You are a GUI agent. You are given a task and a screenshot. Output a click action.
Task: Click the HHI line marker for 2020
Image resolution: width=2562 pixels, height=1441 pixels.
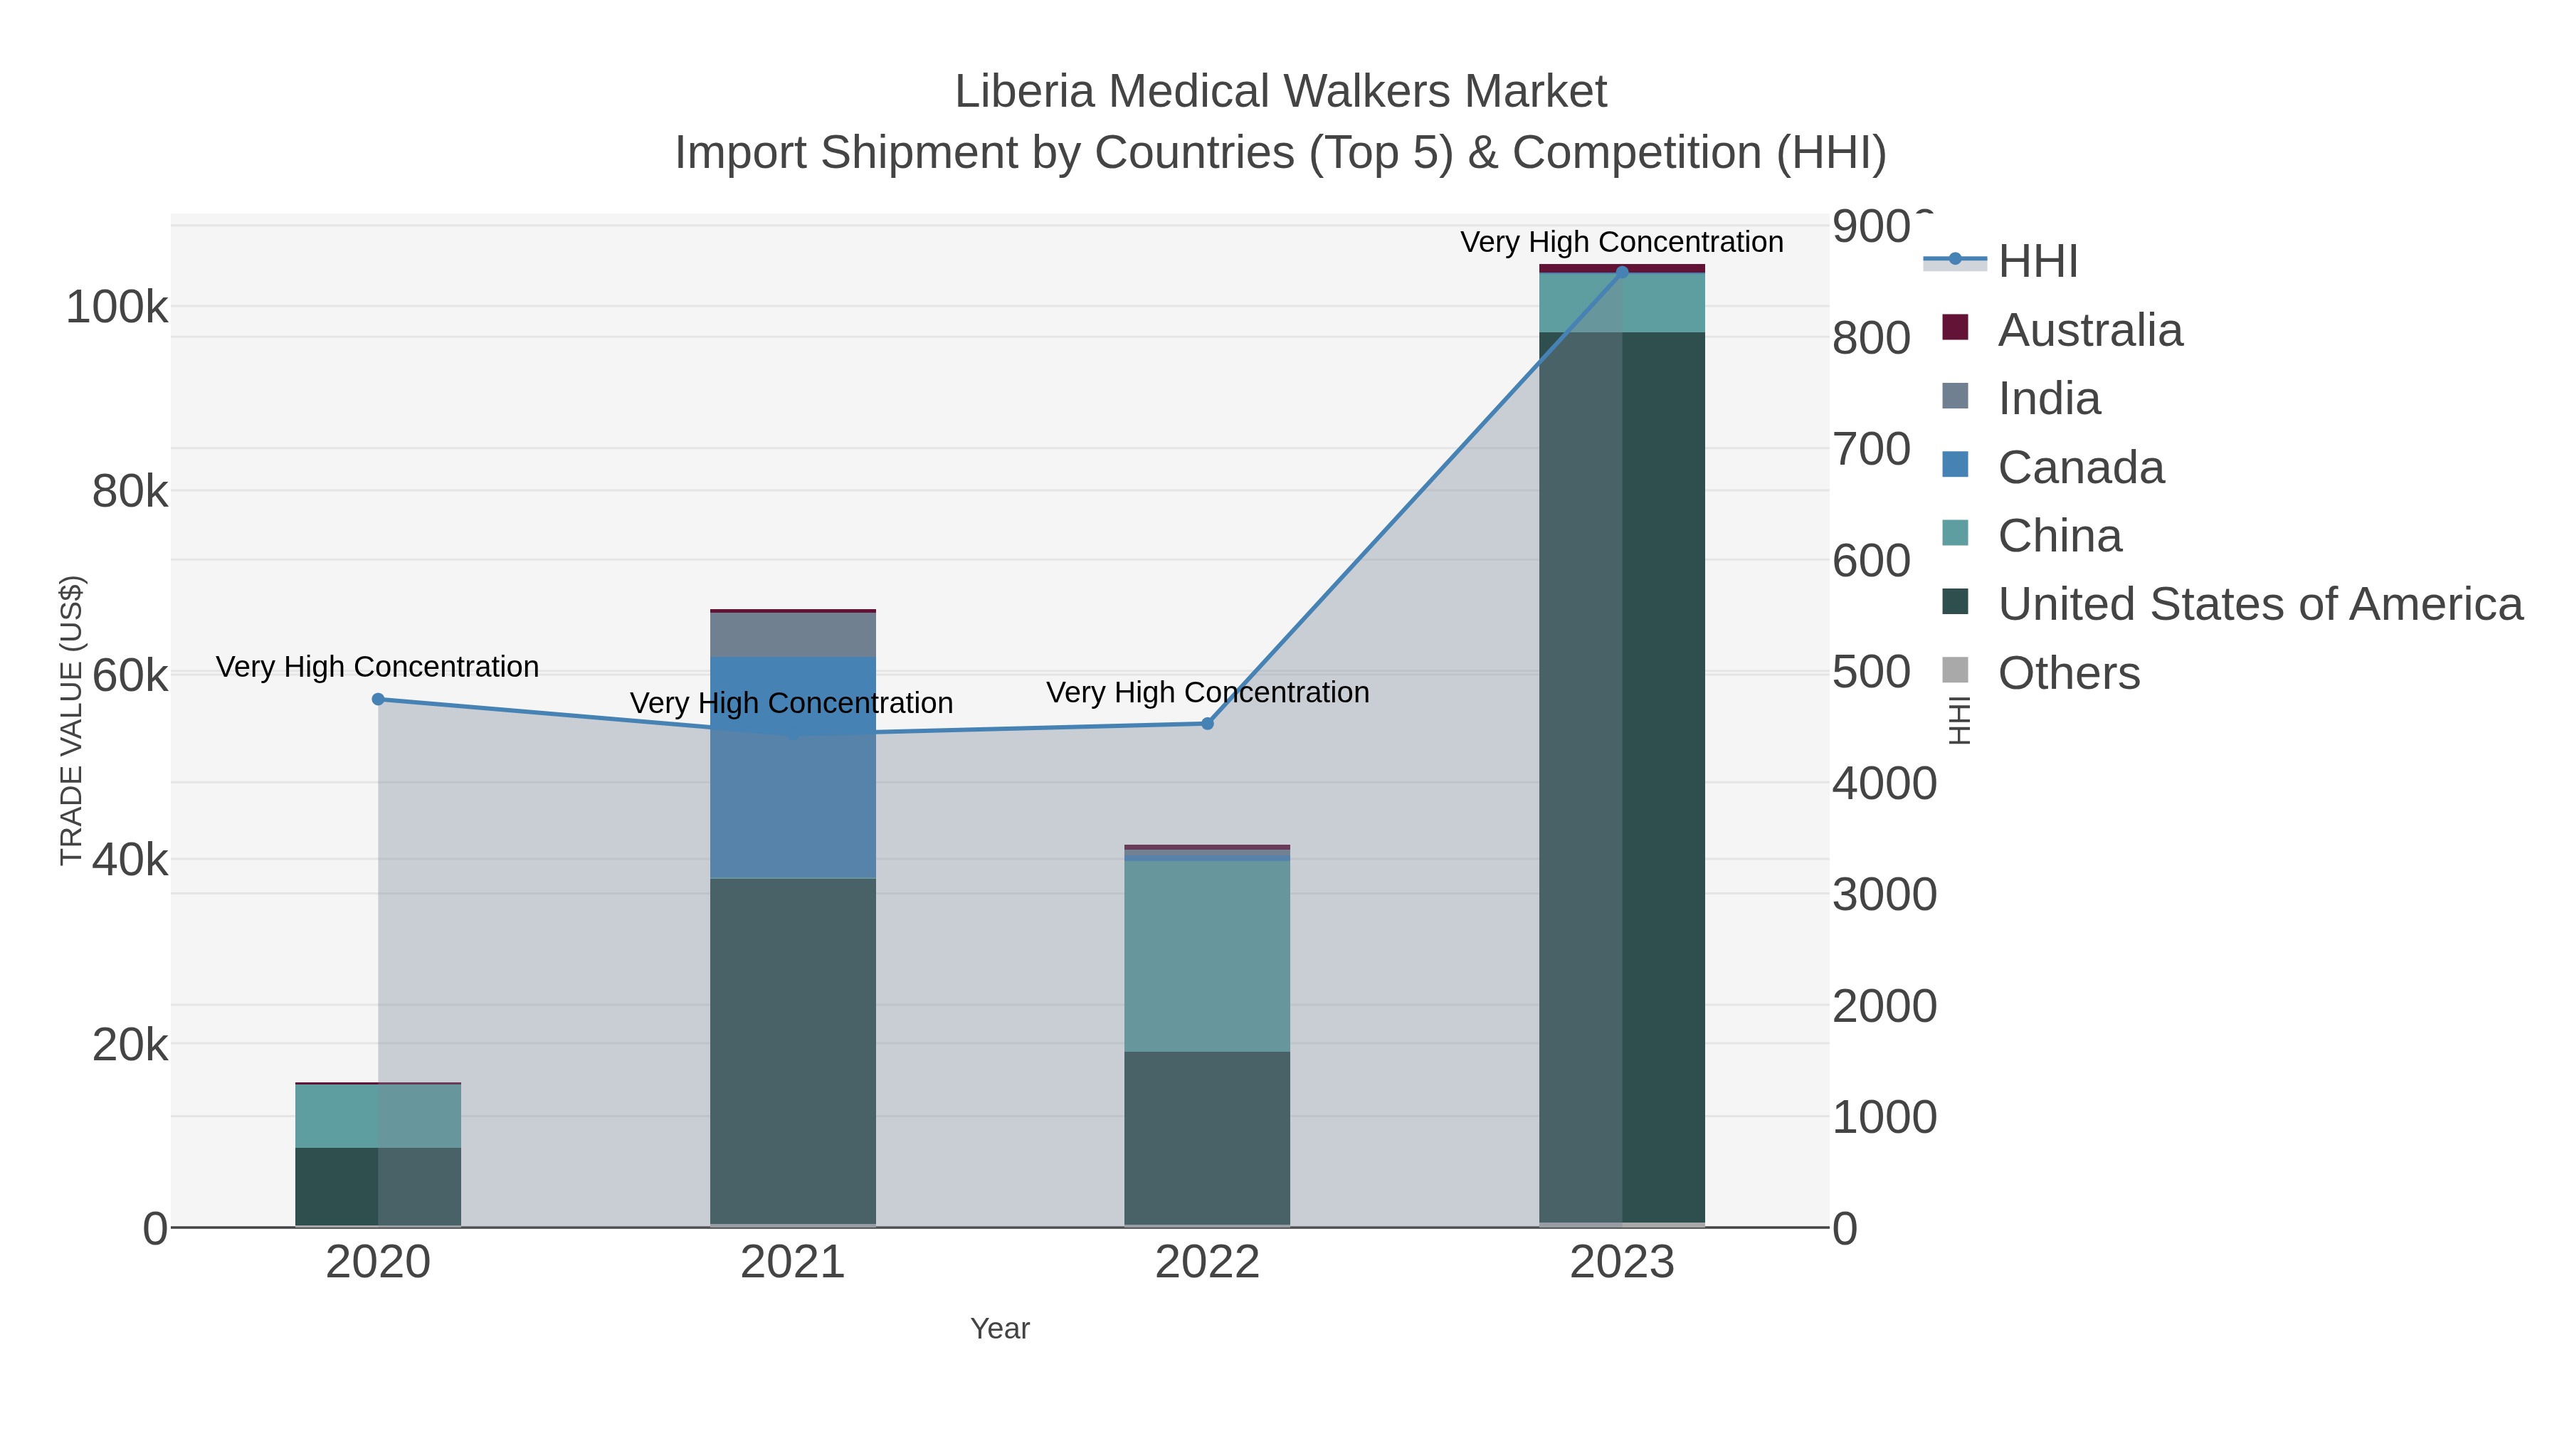coord(378,699)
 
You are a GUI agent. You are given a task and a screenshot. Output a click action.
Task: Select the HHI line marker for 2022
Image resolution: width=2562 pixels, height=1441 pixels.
coord(1208,724)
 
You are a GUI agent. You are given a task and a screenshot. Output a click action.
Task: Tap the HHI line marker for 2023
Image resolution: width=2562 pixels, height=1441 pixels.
coord(1622,273)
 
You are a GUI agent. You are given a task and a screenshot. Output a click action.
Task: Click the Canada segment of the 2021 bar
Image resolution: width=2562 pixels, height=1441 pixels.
coord(793,766)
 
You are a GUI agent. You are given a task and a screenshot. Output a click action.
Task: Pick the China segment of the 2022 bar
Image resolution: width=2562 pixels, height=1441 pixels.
coord(1208,956)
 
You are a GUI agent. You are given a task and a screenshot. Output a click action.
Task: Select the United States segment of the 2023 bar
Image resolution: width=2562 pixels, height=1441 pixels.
coord(1622,776)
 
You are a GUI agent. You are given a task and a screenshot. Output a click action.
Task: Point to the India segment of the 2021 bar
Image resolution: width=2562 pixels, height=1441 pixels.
coord(793,635)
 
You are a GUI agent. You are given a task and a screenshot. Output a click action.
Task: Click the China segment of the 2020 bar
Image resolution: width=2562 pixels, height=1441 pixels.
coord(378,1116)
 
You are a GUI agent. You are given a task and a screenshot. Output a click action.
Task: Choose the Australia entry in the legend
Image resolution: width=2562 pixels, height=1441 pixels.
coord(2089,330)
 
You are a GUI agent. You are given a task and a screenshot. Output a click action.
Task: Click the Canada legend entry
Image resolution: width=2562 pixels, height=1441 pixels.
coord(2081,468)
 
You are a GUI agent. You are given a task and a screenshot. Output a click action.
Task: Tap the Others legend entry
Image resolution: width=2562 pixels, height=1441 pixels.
coord(2069,673)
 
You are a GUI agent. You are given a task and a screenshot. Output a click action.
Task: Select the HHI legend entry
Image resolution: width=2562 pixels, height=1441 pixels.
coord(2038,262)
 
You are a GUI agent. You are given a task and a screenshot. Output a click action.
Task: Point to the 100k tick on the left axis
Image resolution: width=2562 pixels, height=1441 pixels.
coord(117,307)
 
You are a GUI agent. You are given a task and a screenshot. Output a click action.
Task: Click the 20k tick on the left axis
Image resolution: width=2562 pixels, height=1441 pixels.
coord(130,1044)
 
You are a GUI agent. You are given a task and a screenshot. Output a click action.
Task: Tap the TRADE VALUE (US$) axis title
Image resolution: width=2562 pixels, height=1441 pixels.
coord(72,720)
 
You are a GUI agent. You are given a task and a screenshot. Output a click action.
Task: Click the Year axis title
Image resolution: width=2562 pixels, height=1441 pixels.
coord(1000,1329)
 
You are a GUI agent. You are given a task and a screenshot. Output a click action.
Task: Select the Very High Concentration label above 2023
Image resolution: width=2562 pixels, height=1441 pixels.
coord(1621,242)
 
